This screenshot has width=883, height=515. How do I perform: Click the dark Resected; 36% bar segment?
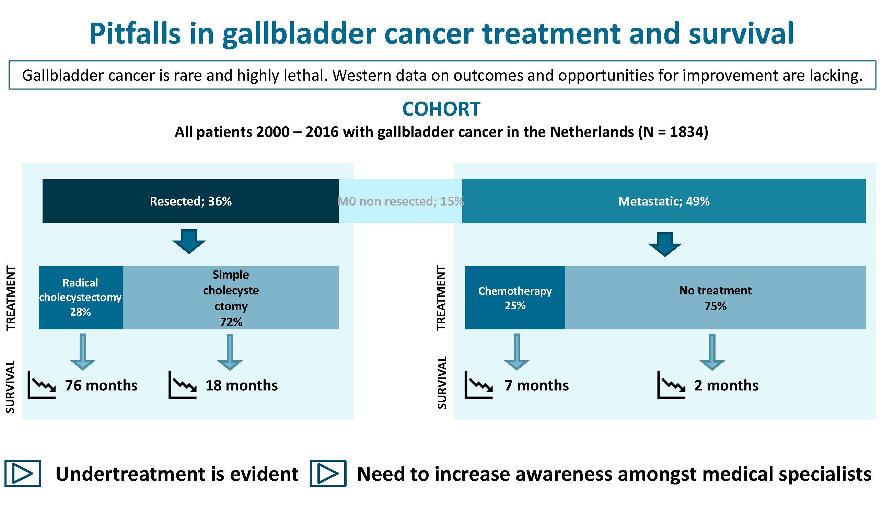point(190,201)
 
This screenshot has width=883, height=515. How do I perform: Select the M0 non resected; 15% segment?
point(400,201)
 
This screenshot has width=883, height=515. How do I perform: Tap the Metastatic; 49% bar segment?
point(664,201)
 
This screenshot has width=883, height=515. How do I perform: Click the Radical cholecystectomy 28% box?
point(81,297)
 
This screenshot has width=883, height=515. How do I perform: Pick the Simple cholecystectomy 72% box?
point(231,297)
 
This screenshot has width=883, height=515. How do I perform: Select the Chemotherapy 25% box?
point(515,297)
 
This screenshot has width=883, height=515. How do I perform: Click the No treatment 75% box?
point(715,297)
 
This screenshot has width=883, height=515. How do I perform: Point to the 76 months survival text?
point(101,385)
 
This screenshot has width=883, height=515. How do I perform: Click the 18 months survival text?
point(241,385)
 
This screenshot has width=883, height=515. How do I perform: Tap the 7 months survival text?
point(536,385)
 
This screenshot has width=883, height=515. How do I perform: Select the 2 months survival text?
point(726,385)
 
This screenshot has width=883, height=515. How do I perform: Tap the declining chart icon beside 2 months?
point(671,385)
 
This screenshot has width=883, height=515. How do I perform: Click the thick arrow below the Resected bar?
point(189,242)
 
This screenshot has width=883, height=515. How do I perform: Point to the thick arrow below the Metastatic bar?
point(665,244)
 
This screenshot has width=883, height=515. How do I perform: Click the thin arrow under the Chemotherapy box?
point(516,351)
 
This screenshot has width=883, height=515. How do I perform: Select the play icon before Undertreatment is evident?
point(23,473)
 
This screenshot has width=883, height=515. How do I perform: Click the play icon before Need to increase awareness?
point(328,473)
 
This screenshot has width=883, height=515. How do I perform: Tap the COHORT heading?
point(441,109)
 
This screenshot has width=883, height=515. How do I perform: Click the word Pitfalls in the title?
point(135,34)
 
